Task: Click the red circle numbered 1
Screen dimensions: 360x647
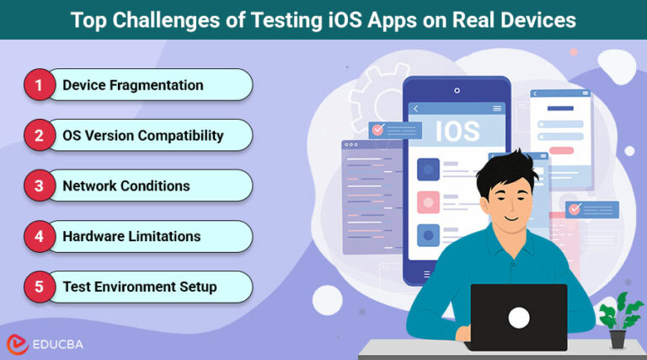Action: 39,84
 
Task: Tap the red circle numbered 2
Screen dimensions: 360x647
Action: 39,135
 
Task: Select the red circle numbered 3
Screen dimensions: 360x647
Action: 39,185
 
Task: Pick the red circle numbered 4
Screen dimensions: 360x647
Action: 39,236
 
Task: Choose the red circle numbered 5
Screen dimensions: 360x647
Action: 39,287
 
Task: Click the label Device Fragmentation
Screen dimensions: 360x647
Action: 132,85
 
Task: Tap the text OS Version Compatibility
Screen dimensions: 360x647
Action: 142,135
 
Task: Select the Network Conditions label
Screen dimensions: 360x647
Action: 126,185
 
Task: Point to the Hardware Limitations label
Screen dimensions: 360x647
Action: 131,236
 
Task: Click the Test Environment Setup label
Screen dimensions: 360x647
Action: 139,287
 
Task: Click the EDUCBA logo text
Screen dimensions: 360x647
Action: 65,344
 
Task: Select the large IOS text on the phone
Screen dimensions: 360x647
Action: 457,132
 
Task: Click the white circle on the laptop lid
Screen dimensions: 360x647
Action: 518,317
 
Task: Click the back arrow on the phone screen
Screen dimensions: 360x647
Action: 415,109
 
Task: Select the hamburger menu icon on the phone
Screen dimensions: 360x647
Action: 497,109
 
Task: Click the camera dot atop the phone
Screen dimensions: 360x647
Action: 457,90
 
